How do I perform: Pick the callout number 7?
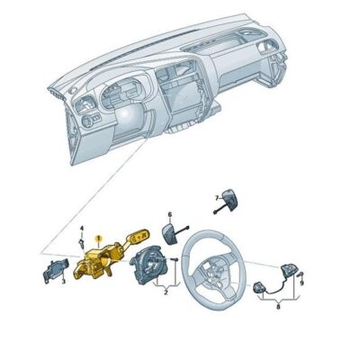click(x=216, y=195)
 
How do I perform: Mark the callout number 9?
click(x=302, y=283)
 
